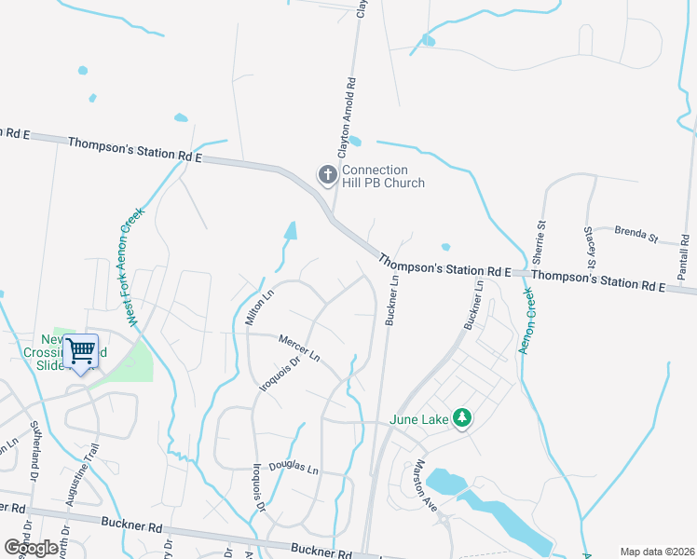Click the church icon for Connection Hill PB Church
click(x=327, y=174)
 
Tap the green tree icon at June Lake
click(x=460, y=418)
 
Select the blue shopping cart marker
click(x=81, y=352)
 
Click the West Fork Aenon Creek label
click(x=133, y=266)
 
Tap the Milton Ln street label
click(x=259, y=307)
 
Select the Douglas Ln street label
click(x=294, y=467)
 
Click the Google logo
click(x=31, y=548)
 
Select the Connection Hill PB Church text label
click(x=383, y=176)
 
